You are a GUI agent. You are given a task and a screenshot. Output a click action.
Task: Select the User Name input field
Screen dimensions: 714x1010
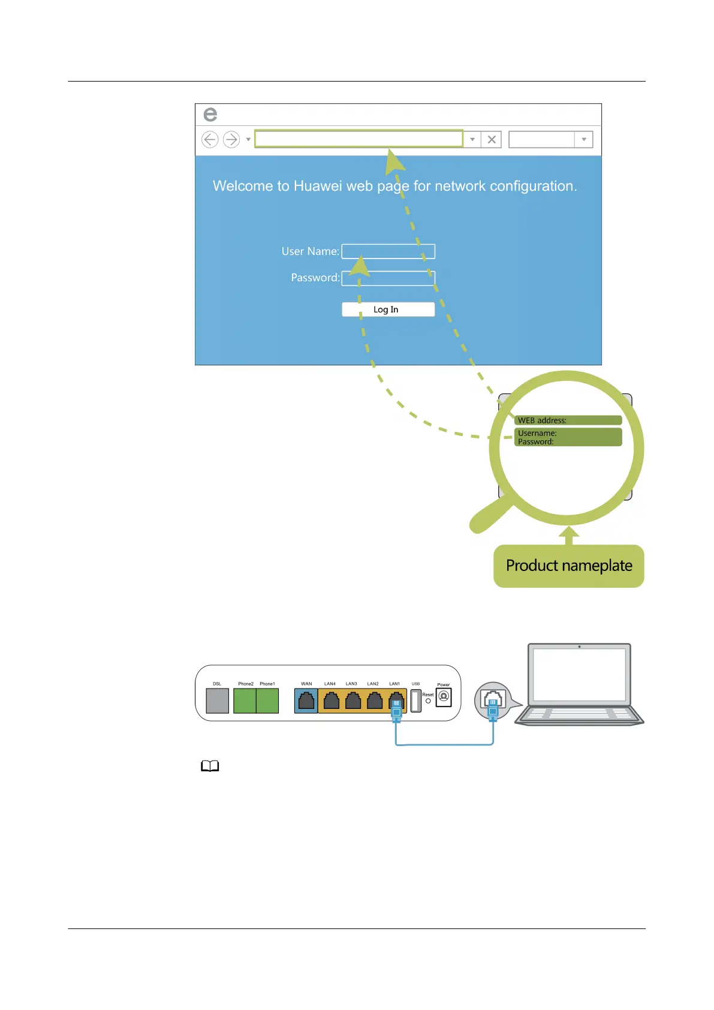[x=388, y=251]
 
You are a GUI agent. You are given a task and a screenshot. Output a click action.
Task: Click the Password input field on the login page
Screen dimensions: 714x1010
[x=388, y=278]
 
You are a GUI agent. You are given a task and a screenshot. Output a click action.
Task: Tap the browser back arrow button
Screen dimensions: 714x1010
[x=210, y=140]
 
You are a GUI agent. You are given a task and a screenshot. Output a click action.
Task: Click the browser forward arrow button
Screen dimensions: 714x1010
[x=231, y=140]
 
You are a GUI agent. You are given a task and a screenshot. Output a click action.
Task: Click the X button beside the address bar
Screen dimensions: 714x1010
[x=492, y=140]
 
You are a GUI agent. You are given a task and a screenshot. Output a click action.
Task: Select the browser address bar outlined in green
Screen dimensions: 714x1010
[x=358, y=139]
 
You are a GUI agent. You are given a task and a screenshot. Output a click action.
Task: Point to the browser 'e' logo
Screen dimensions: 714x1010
[x=210, y=114]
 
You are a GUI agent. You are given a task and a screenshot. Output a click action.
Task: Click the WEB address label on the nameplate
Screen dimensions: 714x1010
[x=542, y=420]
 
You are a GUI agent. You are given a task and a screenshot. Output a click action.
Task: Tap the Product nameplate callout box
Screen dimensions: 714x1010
[x=568, y=566]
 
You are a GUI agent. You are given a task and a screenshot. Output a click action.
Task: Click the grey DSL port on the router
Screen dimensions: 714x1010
[x=217, y=701]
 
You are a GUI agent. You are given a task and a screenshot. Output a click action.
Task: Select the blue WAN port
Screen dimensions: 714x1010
[x=306, y=701]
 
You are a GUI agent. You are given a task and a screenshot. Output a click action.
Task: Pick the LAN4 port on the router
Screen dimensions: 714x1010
[x=331, y=701]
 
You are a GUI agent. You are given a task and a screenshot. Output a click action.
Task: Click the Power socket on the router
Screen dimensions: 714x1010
[x=444, y=697]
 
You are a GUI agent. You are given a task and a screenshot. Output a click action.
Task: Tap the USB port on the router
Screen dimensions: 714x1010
[x=415, y=701]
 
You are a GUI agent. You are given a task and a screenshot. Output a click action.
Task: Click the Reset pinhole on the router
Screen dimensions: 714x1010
[x=428, y=701]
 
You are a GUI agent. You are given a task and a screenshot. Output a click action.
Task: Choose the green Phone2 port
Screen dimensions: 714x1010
[x=245, y=701]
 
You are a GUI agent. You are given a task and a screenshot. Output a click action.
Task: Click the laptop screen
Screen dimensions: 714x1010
[x=579, y=675]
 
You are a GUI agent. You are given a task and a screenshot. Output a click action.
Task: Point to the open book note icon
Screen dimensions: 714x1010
[x=210, y=766]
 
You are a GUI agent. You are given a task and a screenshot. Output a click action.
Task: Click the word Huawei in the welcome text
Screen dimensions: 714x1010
[x=318, y=186]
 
